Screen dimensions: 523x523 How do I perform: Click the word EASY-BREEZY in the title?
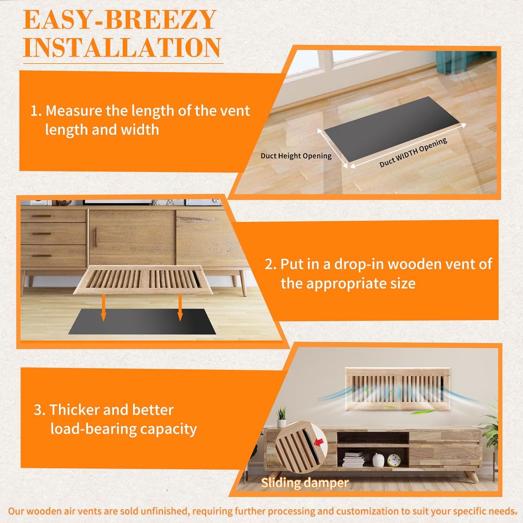click(119, 20)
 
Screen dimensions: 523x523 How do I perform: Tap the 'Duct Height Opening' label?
click(296, 156)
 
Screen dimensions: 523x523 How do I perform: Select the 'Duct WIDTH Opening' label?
click(413, 152)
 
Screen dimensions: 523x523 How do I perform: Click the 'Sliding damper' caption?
click(305, 483)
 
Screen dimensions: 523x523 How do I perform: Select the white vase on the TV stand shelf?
click(378, 460)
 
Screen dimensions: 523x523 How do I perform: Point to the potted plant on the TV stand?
click(281, 417)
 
